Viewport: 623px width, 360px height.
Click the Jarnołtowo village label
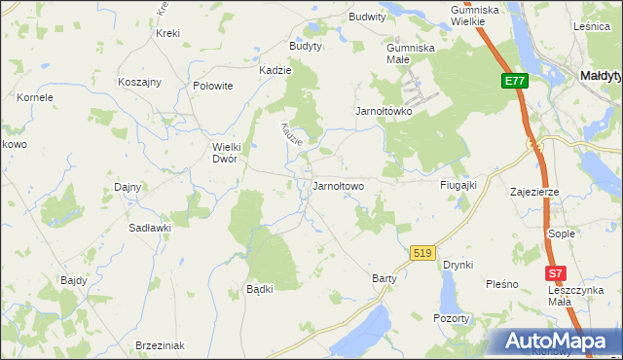(x=338, y=186)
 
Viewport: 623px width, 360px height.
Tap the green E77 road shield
(x=515, y=82)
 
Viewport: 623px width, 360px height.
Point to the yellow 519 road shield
(x=421, y=253)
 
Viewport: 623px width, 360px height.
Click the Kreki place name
(x=167, y=33)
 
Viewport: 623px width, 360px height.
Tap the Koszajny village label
(x=138, y=83)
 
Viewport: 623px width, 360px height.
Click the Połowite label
(x=213, y=86)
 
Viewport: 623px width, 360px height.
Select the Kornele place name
(x=35, y=97)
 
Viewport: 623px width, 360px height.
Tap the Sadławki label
(x=150, y=227)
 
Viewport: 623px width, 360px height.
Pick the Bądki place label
(x=259, y=289)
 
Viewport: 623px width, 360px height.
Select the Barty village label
(x=385, y=278)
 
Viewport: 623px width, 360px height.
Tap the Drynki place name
(x=458, y=265)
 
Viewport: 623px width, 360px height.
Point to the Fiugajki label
(x=458, y=185)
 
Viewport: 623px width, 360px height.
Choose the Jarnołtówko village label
(x=384, y=111)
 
